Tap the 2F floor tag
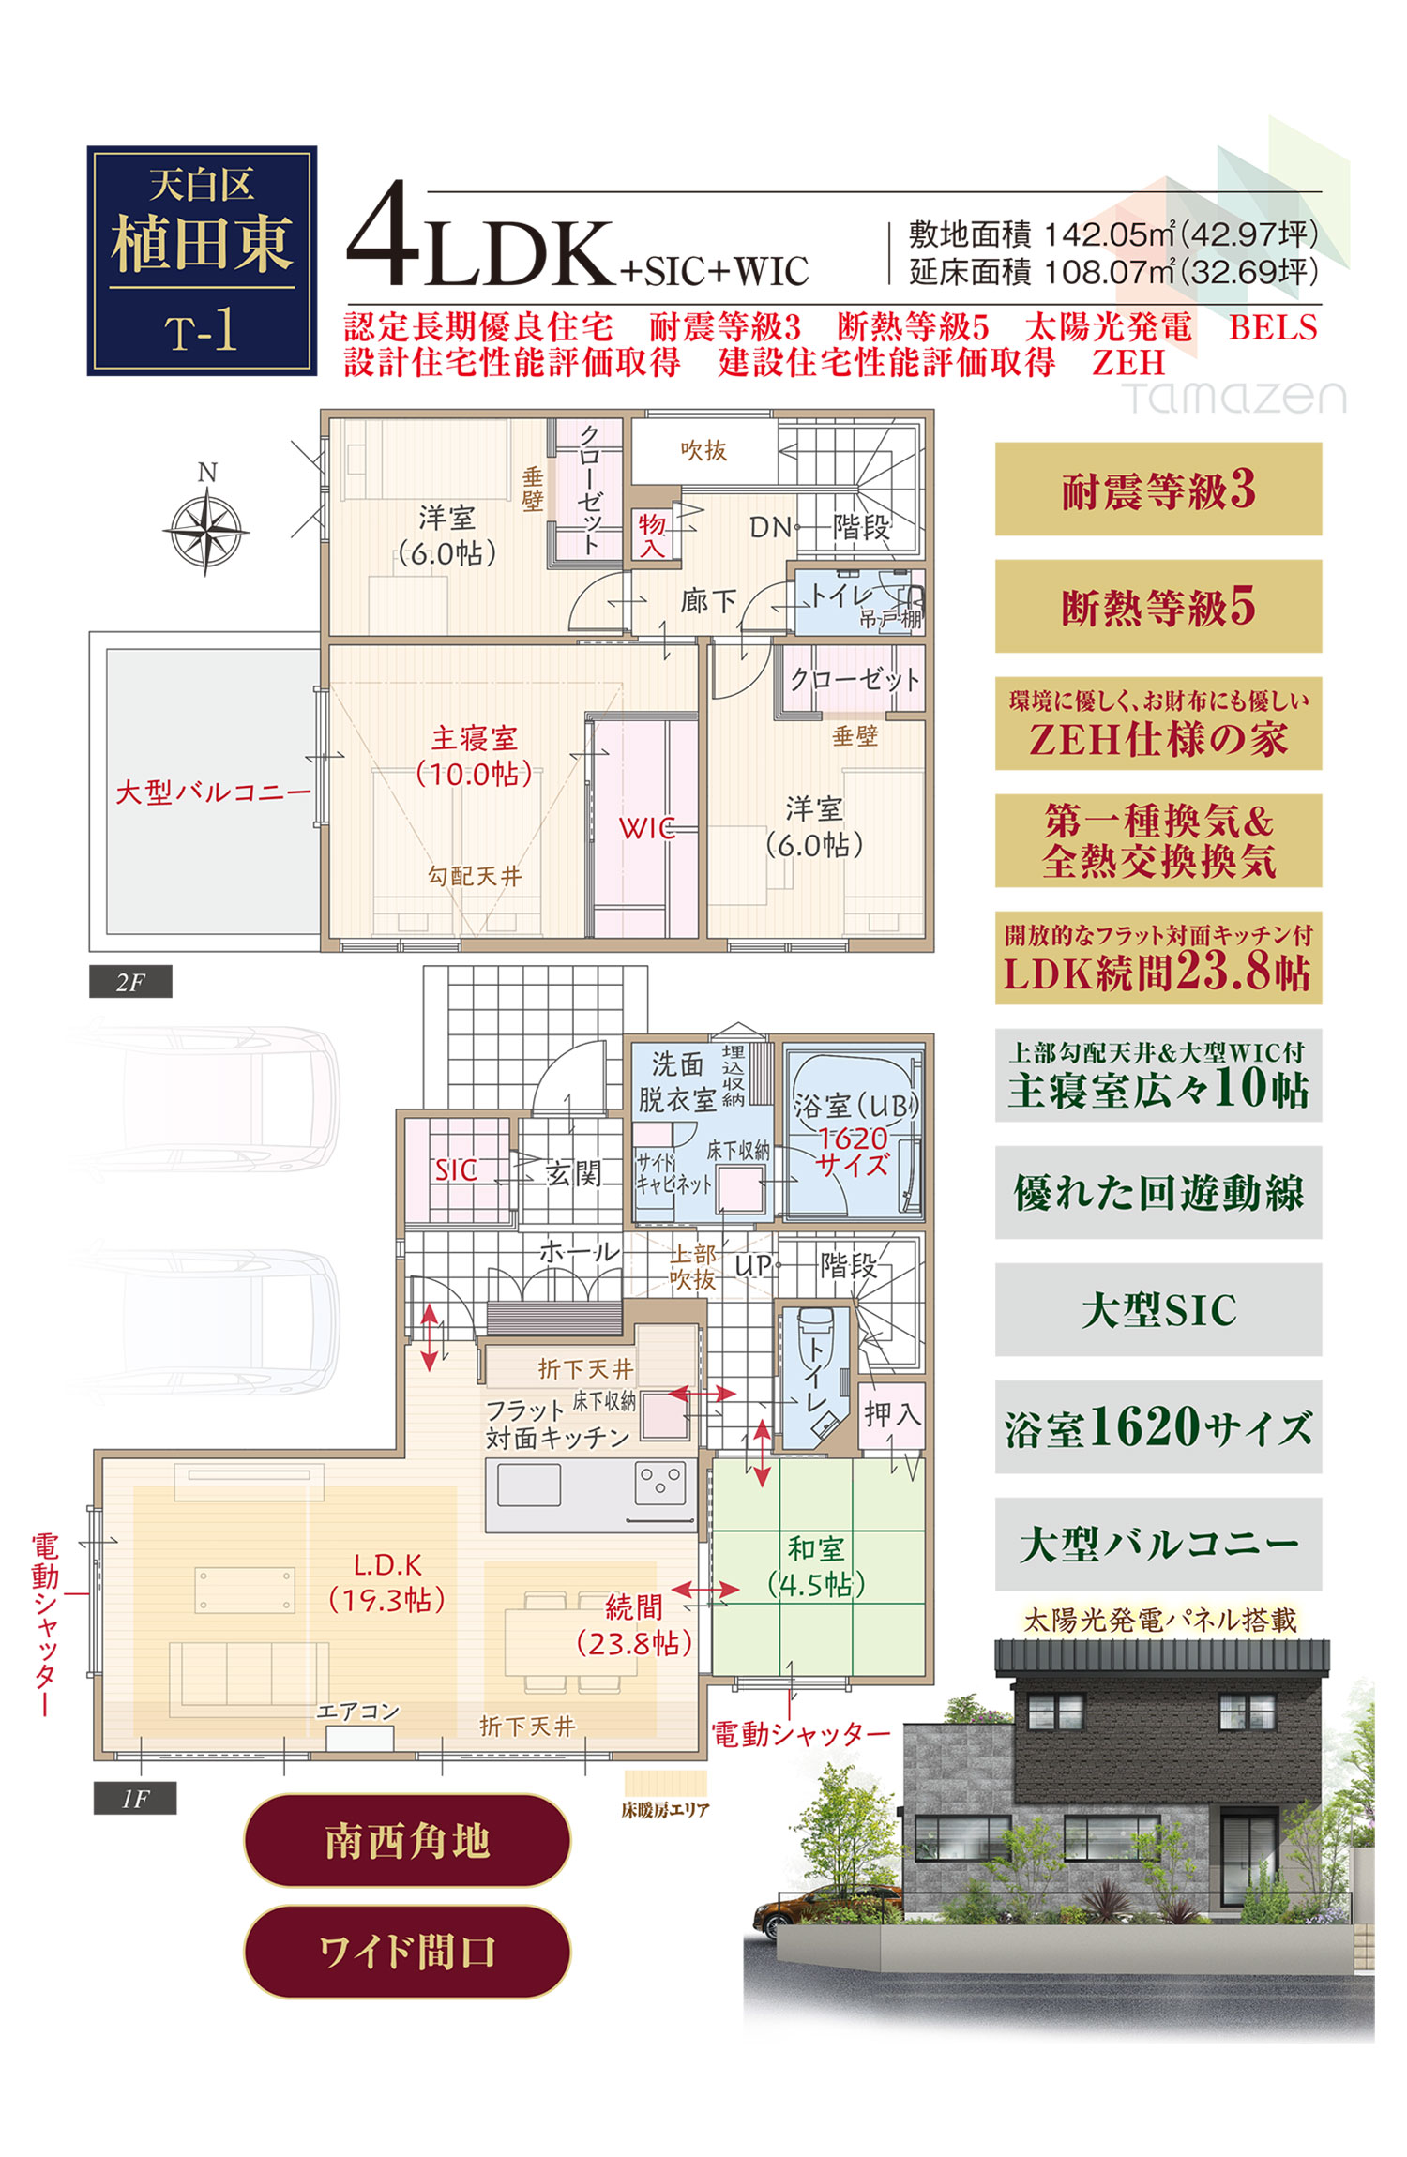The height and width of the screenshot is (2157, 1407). tap(130, 982)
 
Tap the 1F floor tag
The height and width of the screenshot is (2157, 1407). tap(135, 1798)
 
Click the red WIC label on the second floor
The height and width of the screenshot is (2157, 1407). tap(646, 828)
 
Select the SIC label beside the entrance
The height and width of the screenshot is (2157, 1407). tap(456, 1169)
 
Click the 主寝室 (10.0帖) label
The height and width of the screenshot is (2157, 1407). tap(475, 756)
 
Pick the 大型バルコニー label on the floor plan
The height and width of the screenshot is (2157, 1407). tap(213, 792)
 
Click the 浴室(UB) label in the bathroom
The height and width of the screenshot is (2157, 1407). tap(855, 1106)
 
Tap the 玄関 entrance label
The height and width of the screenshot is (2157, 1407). tap(573, 1172)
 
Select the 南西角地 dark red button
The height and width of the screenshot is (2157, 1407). tap(407, 1840)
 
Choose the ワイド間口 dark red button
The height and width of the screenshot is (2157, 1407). tap(407, 1952)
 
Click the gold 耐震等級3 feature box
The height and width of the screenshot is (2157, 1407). tap(1158, 489)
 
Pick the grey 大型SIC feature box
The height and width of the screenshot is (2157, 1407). tap(1158, 1309)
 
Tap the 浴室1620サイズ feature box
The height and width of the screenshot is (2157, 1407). tap(1158, 1426)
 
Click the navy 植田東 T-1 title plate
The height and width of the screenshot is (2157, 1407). tap(202, 261)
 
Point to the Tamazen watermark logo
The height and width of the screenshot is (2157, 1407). tap(1234, 397)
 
